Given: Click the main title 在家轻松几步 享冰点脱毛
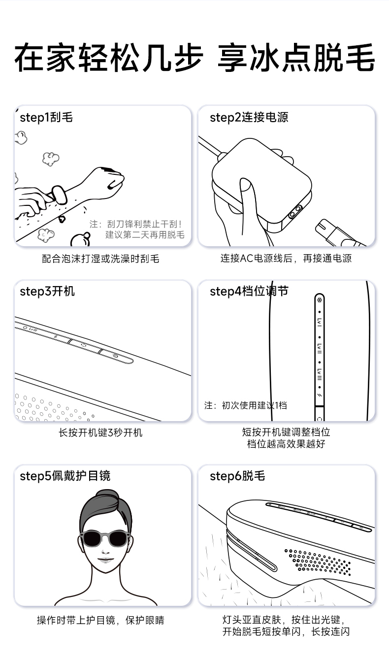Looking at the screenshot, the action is coord(194,58).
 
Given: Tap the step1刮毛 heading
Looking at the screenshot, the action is coord(46,117).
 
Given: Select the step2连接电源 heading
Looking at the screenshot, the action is coord(249,117).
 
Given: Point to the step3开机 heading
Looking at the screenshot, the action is coord(47,292).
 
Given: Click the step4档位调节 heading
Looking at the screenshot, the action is coord(249,292).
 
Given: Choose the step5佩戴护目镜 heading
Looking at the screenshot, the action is coord(65,476).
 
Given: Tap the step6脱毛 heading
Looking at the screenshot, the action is coord(237,476).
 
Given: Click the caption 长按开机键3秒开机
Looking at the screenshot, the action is coord(100,432).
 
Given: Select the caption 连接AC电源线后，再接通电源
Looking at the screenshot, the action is coord(286,259).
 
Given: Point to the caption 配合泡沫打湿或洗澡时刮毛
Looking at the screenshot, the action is coord(100,259).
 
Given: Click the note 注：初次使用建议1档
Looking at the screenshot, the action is coord(245,405).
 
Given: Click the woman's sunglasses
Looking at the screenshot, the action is coord(105,538).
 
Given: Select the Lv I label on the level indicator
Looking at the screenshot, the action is coord(320,322).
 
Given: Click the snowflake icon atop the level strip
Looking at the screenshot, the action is coord(320,300).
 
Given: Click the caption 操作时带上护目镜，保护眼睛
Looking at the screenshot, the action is coord(100,620).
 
